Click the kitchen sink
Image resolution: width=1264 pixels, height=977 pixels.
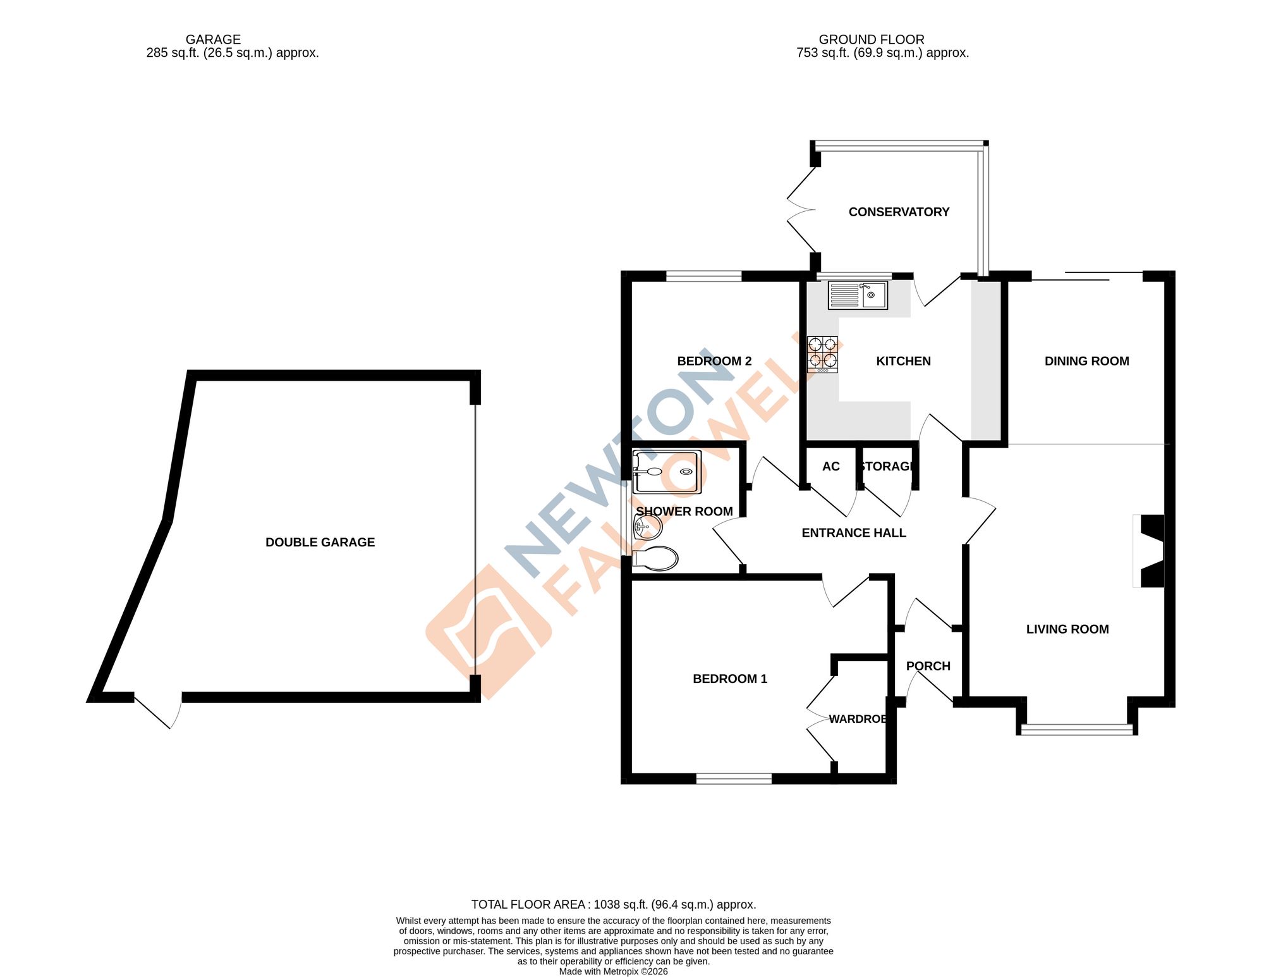tap(858, 295)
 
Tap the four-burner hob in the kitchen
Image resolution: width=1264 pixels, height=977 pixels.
tap(822, 354)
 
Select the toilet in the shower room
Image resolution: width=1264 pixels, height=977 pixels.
tap(656, 558)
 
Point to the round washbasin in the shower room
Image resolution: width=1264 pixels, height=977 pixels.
tap(647, 525)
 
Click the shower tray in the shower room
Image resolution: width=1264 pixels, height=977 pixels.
tap(667, 472)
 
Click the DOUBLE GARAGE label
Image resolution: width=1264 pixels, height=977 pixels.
tap(320, 542)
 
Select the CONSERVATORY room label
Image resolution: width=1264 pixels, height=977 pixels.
tap(899, 212)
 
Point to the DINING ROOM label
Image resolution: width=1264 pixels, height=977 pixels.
tap(1086, 361)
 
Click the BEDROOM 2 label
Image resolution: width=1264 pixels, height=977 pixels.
tap(714, 361)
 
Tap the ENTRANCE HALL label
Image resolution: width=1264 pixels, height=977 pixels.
tap(853, 533)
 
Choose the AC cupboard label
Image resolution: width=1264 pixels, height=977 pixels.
tap(830, 467)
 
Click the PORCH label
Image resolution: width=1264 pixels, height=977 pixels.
tap(928, 666)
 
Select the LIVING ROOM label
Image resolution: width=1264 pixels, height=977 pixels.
tap(1067, 629)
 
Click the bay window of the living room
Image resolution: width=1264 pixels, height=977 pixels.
tap(1077, 730)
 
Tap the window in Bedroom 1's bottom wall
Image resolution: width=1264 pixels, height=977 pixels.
tap(734, 778)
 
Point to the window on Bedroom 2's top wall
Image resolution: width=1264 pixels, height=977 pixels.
tap(703, 276)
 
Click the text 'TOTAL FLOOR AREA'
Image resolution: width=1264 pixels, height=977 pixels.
tap(528, 904)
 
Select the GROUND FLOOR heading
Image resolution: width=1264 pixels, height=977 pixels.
tap(871, 39)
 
